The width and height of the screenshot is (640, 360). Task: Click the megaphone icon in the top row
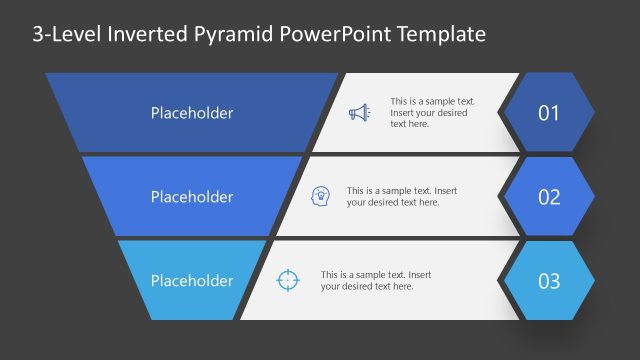pyautogui.click(x=358, y=113)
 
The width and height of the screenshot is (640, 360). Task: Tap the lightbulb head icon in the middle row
pyautogui.click(x=321, y=196)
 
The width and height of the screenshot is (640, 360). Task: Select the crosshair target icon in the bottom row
pyautogui.click(x=287, y=280)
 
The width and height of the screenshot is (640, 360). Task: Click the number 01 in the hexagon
pyautogui.click(x=549, y=113)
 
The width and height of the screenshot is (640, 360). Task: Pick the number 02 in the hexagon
pyautogui.click(x=549, y=197)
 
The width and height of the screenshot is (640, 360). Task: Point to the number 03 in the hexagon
pyautogui.click(x=549, y=281)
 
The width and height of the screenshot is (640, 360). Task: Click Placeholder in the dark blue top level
pyautogui.click(x=191, y=113)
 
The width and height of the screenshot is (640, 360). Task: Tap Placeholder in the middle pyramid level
pyautogui.click(x=191, y=197)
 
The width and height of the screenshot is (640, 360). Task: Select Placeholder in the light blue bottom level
pyautogui.click(x=191, y=281)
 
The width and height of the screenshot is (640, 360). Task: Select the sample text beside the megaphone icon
pyautogui.click(x=432, y=113)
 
